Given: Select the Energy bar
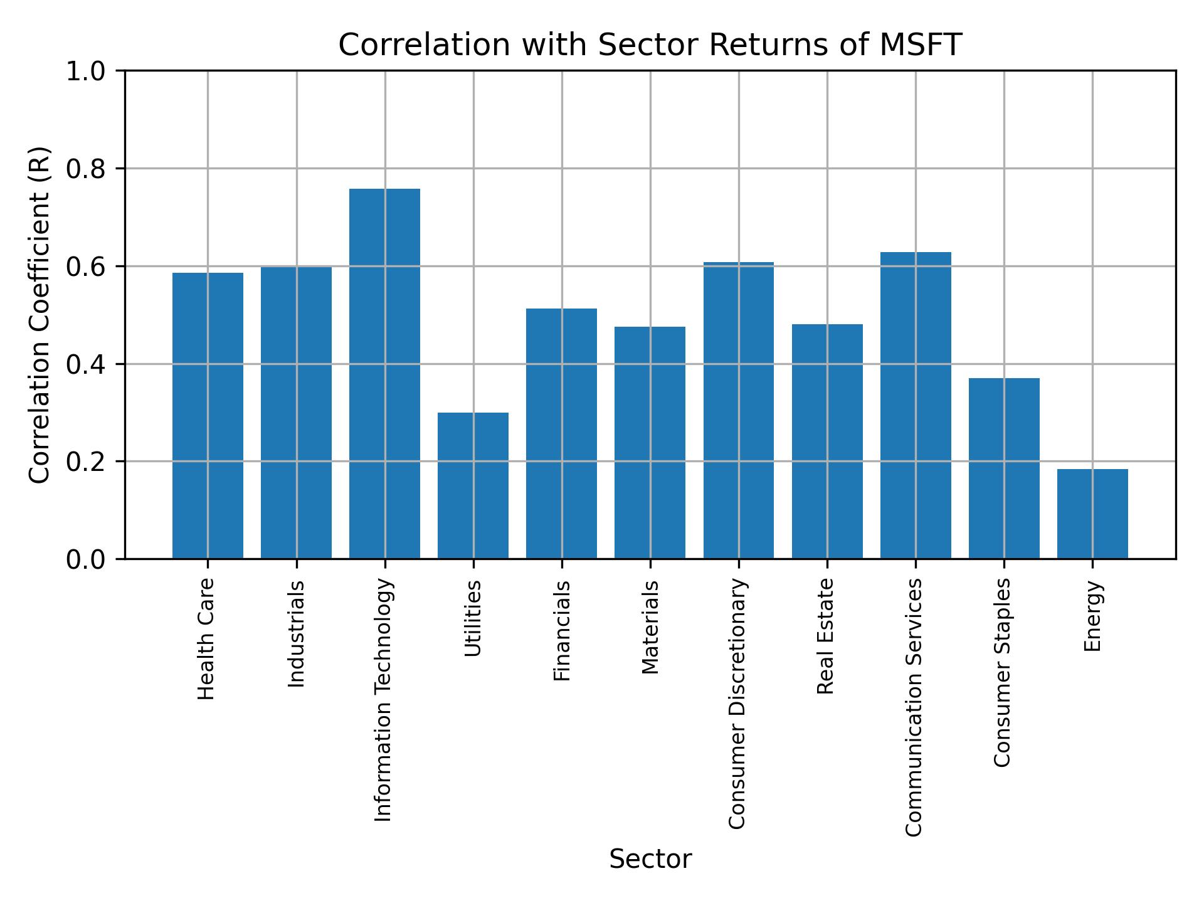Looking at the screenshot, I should click(x=1092, y=514).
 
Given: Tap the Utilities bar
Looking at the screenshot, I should click(x=473, y=485).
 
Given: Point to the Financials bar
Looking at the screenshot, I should click(x=561, y=433).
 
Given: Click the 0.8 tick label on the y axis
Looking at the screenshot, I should click(x=87, y=169).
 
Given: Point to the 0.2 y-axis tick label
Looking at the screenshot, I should click(x=87, y=462).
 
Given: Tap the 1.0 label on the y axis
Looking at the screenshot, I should click(x=87, y=71).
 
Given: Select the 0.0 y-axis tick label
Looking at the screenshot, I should click(x=87, y=559).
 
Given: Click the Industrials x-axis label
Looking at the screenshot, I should click(x=296, y=634).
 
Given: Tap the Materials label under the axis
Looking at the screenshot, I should click(x=650, y=627).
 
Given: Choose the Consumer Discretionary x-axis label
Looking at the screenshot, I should click(x=738, y=704).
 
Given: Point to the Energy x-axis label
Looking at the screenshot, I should click(x=1092, y=616).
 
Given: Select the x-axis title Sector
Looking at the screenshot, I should click(x=650, y=859).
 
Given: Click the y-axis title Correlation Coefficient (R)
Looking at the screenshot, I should click(x=40, y=315).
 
